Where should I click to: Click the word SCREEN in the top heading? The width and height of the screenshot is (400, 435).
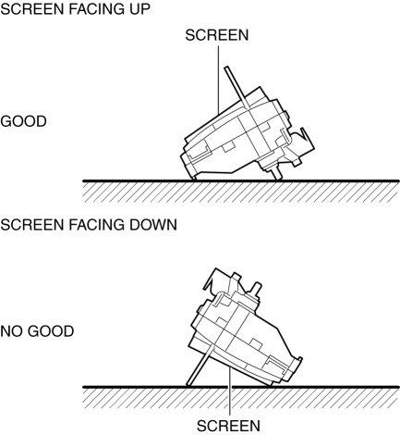pos(32,9)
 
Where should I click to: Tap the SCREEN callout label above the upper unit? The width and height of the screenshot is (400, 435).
pos(217,35)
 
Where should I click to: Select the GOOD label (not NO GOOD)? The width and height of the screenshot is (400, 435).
pos(23,121)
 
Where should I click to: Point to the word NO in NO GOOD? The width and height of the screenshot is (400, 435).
pos(12,331)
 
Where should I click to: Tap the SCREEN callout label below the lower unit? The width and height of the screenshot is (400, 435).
pos(228,426)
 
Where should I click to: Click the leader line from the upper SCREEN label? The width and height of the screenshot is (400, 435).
pos(219,81)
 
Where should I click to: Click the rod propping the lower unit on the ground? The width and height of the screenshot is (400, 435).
pos(200,367)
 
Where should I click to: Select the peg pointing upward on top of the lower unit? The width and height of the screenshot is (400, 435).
pos(255,290)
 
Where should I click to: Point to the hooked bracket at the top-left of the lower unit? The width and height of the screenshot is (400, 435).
pos(215,280)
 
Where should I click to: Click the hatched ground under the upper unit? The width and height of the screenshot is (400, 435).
pos(241,192)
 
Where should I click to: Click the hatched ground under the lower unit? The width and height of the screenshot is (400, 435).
pos(241,397)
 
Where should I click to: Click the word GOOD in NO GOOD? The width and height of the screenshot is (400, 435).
pos(51,331)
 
